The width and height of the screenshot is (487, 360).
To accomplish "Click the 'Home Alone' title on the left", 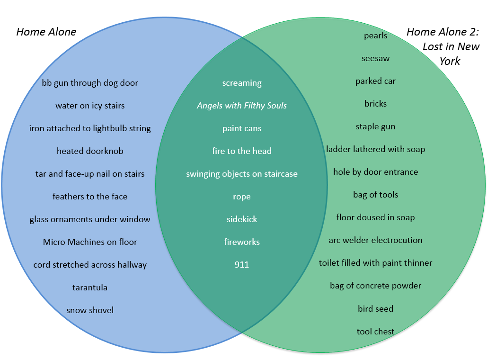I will (x=46, y=32).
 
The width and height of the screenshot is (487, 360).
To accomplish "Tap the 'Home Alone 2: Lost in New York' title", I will (x=443, y=46).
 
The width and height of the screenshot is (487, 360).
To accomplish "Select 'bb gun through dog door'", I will (x=90, y=83).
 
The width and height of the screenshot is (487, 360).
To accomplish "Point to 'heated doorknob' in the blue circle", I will (x=90, y=151).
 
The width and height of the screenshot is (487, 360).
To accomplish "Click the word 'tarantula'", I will (x=90, y=288).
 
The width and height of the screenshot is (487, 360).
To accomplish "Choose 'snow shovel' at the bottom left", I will (x=90, y=310).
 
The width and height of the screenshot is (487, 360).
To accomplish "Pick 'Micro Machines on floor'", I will (x=90, y=242).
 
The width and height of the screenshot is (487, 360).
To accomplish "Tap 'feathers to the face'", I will (x=90, y=197).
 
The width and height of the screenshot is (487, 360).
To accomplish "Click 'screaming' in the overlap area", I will (x=242, y=83).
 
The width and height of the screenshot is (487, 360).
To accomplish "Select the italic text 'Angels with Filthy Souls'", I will (x=242, y=106).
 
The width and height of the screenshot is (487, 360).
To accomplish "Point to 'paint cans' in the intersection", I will (x=242, y=128).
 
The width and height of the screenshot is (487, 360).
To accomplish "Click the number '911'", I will (x=242, y=265).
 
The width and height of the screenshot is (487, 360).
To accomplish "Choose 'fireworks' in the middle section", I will (x=242, y=242).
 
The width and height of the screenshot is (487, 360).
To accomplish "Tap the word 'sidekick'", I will (x=242, y=219).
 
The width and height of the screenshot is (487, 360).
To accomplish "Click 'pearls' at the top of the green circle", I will (x=376, y=36).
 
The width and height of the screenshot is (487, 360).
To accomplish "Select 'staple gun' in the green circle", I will (x=376, y=126).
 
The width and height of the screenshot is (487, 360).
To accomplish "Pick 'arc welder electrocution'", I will (x=376, y=240).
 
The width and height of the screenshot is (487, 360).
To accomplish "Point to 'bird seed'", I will (x=376, y=309).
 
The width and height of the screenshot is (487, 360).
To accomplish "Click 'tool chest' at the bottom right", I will (x=376, y=332).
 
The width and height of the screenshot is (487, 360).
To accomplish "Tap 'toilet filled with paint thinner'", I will (x=376, y=263).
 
